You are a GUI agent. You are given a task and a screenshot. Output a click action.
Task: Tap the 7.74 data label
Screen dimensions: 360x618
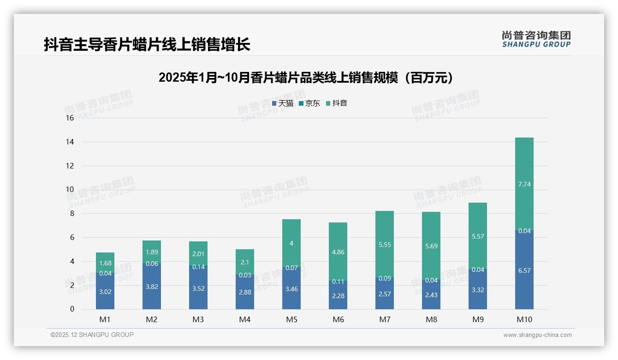[524, 184]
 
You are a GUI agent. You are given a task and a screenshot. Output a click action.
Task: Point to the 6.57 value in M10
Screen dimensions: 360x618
[524, 270]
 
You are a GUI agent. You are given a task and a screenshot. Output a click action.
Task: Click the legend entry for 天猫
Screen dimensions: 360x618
[283, 103]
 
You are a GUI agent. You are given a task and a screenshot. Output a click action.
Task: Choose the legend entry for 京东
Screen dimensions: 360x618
[309, 103]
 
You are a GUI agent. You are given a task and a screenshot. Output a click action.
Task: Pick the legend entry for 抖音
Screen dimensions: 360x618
[337, 103]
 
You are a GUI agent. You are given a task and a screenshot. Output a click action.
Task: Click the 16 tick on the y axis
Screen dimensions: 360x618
[70, 118]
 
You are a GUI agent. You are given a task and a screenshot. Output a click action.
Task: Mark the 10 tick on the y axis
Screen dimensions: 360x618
[70, 190]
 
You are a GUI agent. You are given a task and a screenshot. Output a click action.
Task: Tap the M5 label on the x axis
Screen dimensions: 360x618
[291, 319]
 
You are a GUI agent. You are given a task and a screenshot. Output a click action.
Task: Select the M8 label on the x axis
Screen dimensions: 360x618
[431, 319]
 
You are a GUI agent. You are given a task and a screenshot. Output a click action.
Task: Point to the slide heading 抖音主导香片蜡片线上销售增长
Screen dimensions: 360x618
[147, 44]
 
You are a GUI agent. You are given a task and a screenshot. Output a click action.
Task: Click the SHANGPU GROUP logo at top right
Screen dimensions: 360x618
[536, 39]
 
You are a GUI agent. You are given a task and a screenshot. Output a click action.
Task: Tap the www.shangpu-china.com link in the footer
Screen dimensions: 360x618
[537, 335]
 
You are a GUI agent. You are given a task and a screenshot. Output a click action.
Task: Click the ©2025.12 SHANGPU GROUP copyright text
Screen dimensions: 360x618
[92, 335]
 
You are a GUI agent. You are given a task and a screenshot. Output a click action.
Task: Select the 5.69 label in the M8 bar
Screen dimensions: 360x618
[431, 246]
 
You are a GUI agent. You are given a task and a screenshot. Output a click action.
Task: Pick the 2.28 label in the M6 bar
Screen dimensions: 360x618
[338, 295]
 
